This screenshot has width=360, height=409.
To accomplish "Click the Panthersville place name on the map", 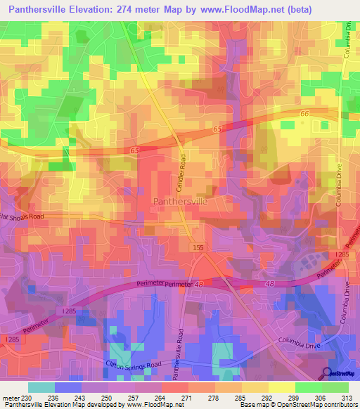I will coord(180,201).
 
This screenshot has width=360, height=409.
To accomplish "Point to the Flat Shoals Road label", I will coord(21,216).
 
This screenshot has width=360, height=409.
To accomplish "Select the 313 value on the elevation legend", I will coord(345,398).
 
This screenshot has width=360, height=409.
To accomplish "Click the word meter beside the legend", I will coord(9,398).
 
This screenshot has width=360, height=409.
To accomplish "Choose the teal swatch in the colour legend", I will coord(41,387).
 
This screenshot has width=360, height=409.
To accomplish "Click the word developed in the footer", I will coord(105,405).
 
